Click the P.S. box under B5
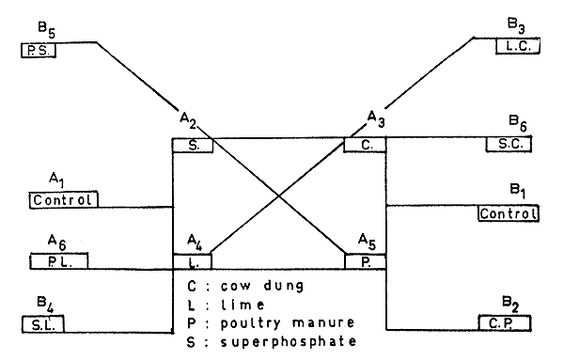(39, 49)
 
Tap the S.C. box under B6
(509, 145)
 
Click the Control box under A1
(64, 199)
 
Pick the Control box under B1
(509, 212)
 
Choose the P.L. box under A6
(58, 260)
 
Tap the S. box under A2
(193, 146)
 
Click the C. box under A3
(365, 146)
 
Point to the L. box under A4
(193, 258)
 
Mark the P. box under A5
(365, 258)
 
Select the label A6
(58, 243)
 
